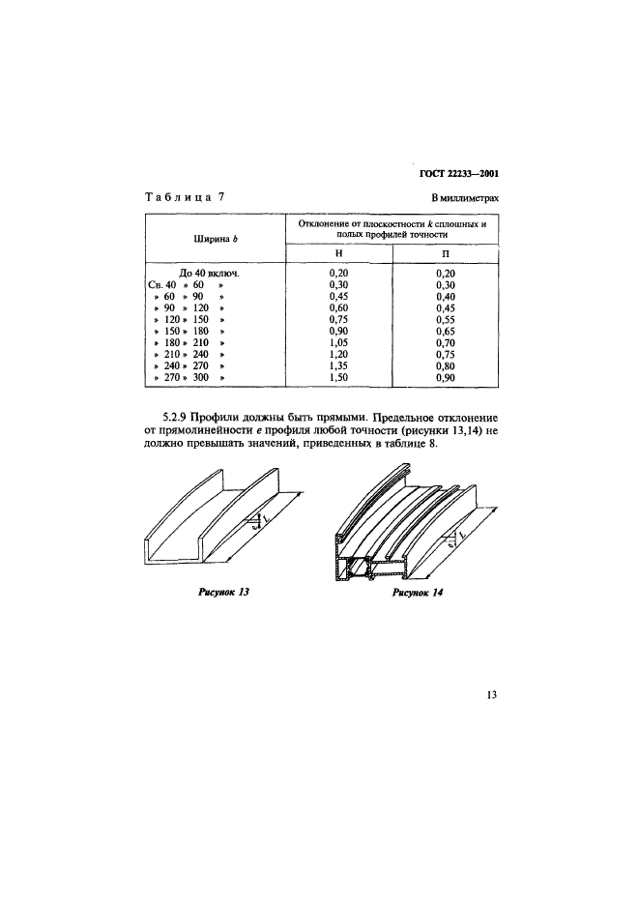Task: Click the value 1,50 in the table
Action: coord(338,377)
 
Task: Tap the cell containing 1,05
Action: coord(338,342)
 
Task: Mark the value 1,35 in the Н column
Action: coord(338,365)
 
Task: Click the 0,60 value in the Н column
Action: coord(338,307)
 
